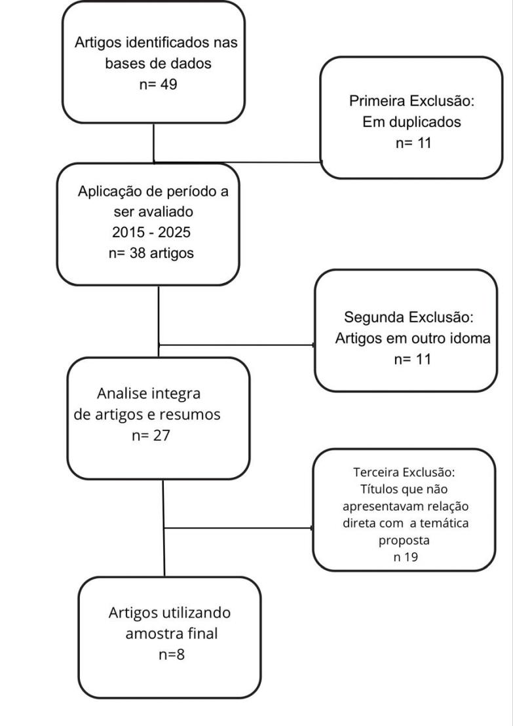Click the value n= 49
[153, 85]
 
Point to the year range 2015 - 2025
[151, 233]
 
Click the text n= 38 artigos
[151, 254]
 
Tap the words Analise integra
[149, 394]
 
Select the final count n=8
[172, 654]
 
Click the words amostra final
[170, 634]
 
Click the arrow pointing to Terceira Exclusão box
[308, 528]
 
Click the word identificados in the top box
[162, 44]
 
